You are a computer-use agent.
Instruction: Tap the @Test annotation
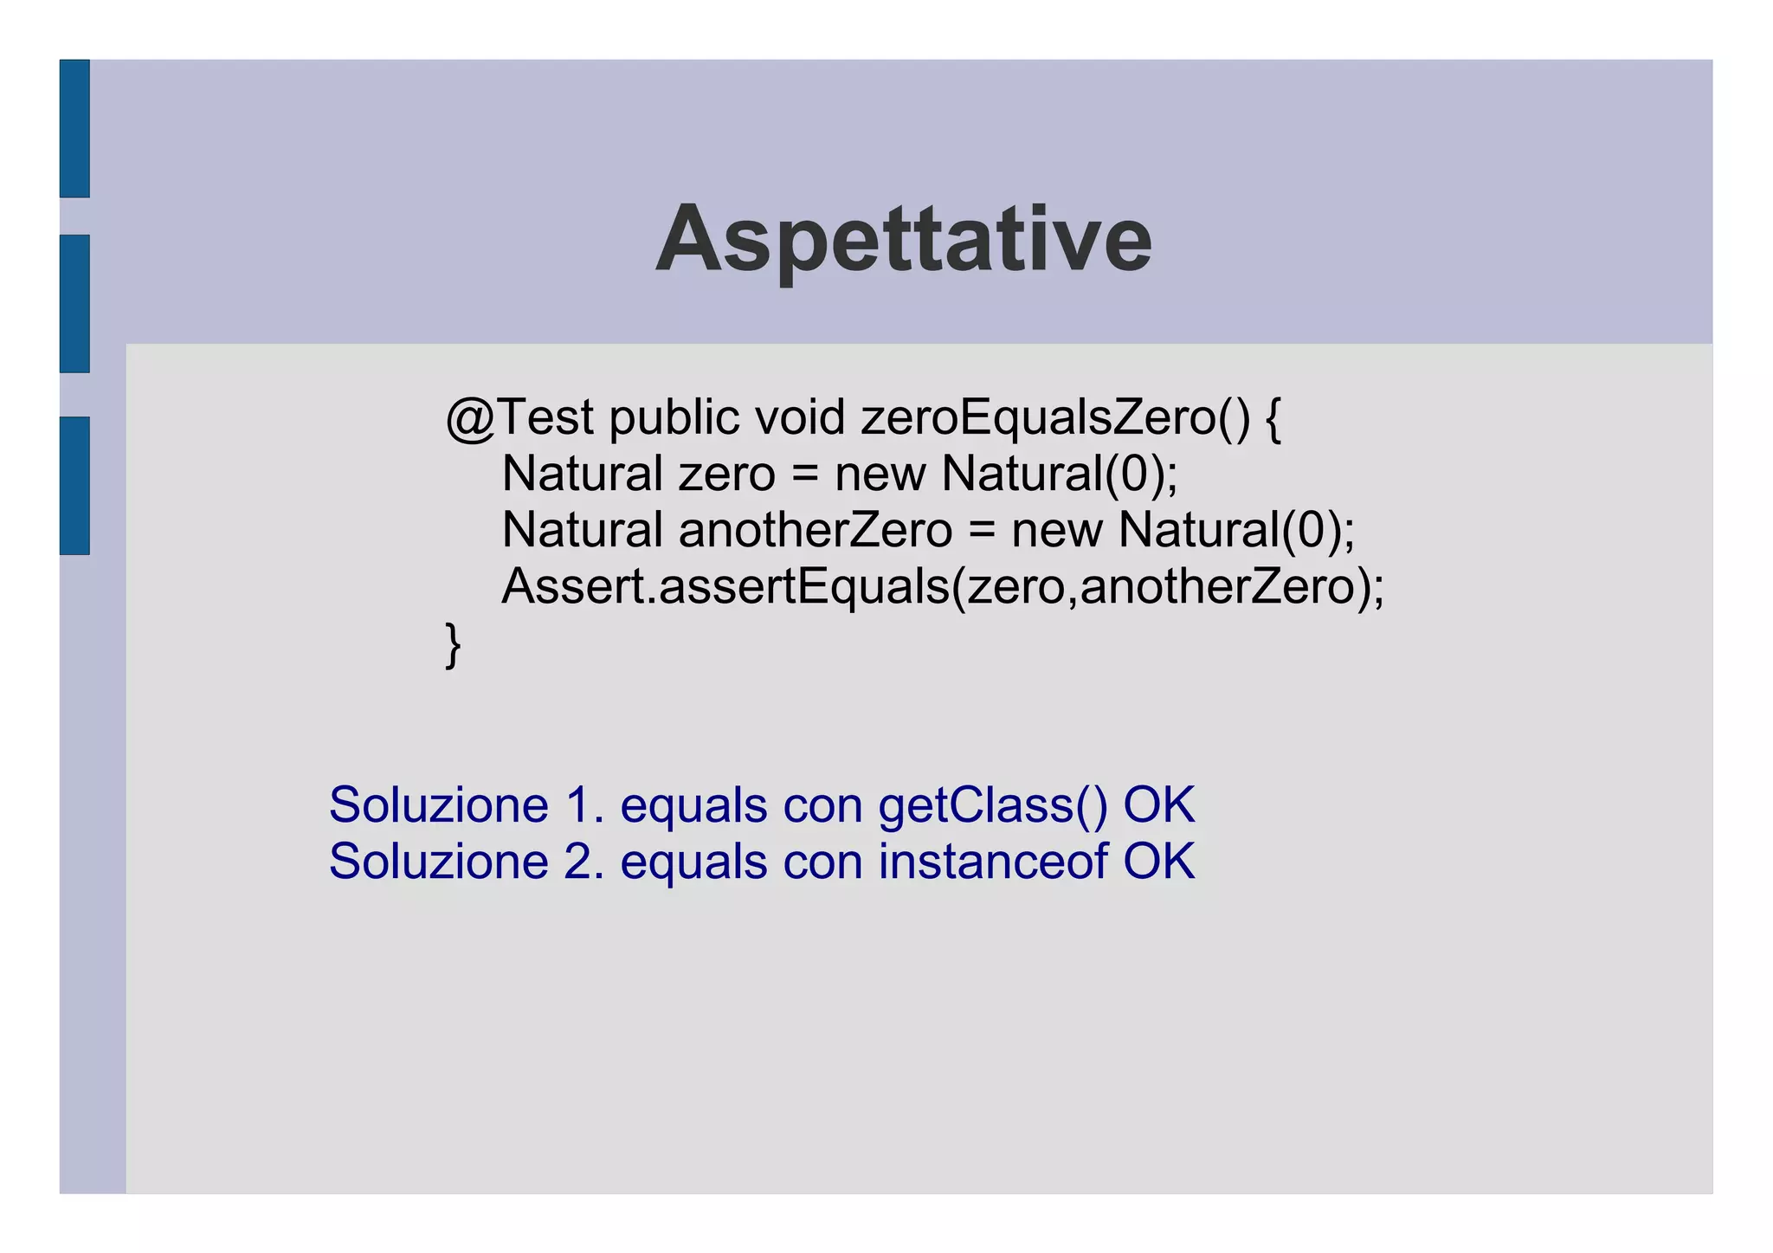point(519,418)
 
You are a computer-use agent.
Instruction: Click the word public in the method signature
point(674,418)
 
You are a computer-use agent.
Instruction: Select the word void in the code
point(799,418)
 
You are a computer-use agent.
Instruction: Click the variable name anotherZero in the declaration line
point(815,530)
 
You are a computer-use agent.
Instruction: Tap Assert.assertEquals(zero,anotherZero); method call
point(943,587)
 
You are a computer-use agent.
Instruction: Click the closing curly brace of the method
point(453,645)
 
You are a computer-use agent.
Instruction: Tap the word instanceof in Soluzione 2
point(993,862)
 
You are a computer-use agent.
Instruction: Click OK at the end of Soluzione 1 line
point(1158,805)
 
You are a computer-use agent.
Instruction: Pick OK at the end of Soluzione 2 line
point(1158,862)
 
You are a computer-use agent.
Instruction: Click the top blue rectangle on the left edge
point(74,128)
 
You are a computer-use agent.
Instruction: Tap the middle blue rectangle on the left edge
point(74,303)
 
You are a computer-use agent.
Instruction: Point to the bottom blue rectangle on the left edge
point(74,485)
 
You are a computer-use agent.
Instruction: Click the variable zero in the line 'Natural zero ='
point(726,475)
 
